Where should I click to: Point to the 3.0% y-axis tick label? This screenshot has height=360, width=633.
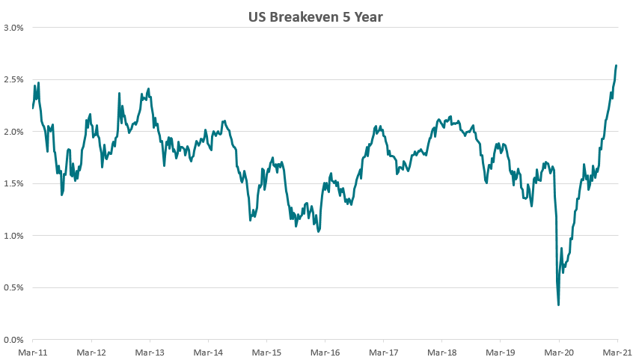(14, 28)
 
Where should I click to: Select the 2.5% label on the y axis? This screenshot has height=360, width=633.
(14, 79)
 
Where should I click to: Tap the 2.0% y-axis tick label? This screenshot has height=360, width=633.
(14, 132)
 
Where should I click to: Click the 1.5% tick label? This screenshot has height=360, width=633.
(14, 183)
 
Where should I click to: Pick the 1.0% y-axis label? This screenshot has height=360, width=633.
(14, 236)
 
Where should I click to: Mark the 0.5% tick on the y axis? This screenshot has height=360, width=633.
(14, 287)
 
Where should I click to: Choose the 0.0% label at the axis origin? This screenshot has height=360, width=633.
(14, 340)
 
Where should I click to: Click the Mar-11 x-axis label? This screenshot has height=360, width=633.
(33, 351)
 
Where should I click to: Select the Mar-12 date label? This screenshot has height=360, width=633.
(91, 351)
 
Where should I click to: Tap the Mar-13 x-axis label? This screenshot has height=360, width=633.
(150, 351)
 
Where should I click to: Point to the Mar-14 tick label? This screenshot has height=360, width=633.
(208, 351)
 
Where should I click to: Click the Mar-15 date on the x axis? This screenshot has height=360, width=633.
(266, 351)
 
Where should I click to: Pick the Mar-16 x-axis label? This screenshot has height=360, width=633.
(325, 351)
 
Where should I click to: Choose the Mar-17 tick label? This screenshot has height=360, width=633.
(383, 351)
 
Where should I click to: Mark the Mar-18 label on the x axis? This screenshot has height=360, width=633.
(441, 351)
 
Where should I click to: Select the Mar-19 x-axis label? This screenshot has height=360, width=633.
(500, 351)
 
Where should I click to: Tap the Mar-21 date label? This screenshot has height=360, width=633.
(615, 351)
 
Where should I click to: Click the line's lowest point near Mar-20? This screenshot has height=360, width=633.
(559, 305)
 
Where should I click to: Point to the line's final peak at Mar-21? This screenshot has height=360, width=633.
(616, 66)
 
